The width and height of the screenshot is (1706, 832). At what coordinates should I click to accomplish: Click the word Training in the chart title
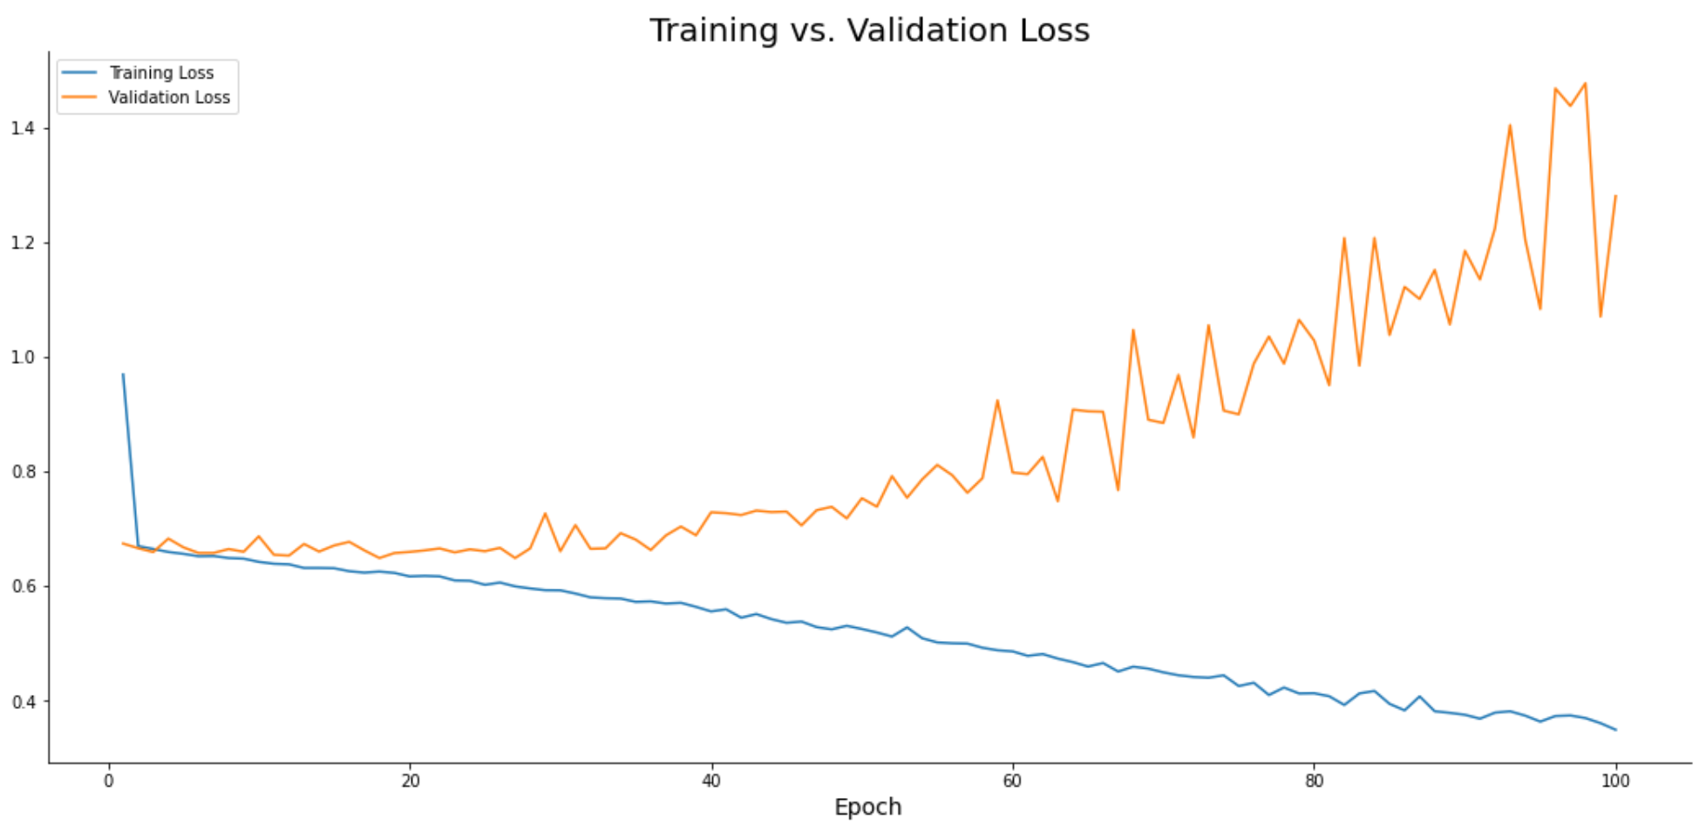coord(713,31)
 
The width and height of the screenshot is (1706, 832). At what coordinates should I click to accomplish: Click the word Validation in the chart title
coord(932,31)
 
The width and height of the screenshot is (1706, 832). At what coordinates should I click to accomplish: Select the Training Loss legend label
coord(161,73)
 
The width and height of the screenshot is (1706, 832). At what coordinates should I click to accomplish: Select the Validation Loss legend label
coord(169,98)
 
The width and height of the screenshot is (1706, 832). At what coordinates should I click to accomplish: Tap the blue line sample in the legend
coord(79,72)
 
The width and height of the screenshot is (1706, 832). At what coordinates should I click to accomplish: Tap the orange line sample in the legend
coord(79,97)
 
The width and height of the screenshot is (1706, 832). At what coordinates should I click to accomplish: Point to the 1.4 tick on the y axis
coord(23,128)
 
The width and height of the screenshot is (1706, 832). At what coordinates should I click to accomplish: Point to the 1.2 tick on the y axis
coord(23,242)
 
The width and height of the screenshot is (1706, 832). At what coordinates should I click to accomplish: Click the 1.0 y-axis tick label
coord(23,358)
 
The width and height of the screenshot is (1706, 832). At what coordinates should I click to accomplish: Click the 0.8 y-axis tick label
coord(23,472)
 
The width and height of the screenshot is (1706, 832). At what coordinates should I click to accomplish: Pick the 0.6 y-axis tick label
coord(23,586)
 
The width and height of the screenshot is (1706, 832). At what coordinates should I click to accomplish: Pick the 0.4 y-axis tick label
coord(23,701)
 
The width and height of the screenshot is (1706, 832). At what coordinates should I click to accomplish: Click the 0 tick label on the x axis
coord(109,781)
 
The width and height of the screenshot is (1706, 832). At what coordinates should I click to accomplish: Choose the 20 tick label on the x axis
coord(410,781)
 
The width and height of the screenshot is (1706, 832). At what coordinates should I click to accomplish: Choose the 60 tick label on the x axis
coord(1012,781)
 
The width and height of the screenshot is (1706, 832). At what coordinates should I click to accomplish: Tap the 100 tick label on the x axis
coord(1614,781)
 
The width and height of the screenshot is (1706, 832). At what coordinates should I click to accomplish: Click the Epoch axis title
coord(867,808)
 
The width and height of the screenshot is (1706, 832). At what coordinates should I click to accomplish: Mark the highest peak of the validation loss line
coord(1585,84)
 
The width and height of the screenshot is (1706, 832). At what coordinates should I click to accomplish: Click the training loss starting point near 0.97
coord(123,375)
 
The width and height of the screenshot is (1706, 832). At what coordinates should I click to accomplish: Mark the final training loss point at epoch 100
coord(1615,730)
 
